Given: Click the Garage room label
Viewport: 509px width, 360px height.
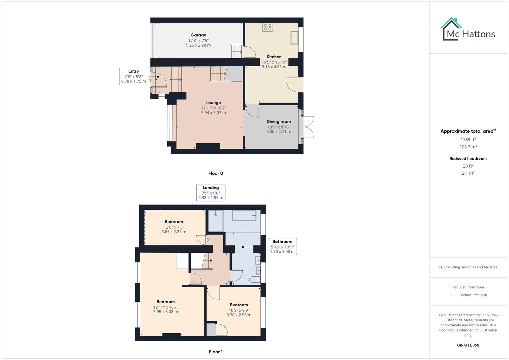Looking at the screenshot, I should pyautogui.click(x=198, y=35).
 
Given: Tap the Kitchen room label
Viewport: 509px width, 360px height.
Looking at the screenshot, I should pyautogui.click(x=274, y=57).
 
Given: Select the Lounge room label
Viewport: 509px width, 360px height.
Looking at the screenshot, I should pyautogui.click(x=213, y=103).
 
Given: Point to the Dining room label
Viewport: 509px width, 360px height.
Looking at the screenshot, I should pyautogui.click(x=279, y=122).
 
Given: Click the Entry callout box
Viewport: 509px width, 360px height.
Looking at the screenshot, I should pyautogui.click(x=133, y=76).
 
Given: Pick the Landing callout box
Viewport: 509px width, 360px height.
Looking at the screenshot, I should pyautogui.click(x=211, y=193).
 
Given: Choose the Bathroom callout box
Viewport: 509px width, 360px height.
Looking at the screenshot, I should pyautogui.click(x=282, y=246).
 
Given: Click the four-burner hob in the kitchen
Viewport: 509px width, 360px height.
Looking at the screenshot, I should pyautogui.click(x=267, y=27).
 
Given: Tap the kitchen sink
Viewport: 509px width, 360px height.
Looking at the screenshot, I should pyautogui.click(x=294, y=37).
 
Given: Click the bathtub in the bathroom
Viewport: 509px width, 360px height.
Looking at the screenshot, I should pyautogui.click(x=244, y=216).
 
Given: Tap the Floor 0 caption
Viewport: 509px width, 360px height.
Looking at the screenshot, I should pyautogui.click(x=216, y=173).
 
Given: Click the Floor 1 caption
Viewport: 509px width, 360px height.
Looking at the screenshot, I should pyautogui.click(x=216, y=352).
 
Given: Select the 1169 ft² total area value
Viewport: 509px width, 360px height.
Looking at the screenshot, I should pyautogui.click(x=468, y=140).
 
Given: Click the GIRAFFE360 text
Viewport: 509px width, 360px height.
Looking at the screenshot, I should pyautogui.click(x=468, y=345).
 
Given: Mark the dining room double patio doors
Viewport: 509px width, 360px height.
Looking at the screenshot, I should pyautogui.click(x=308, y=126).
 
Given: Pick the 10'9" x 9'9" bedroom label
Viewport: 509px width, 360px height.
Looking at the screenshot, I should pyautogui.click(x=239, y=305).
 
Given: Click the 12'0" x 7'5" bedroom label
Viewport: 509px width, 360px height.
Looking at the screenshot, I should pyautogui.click(x=174, y=222).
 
